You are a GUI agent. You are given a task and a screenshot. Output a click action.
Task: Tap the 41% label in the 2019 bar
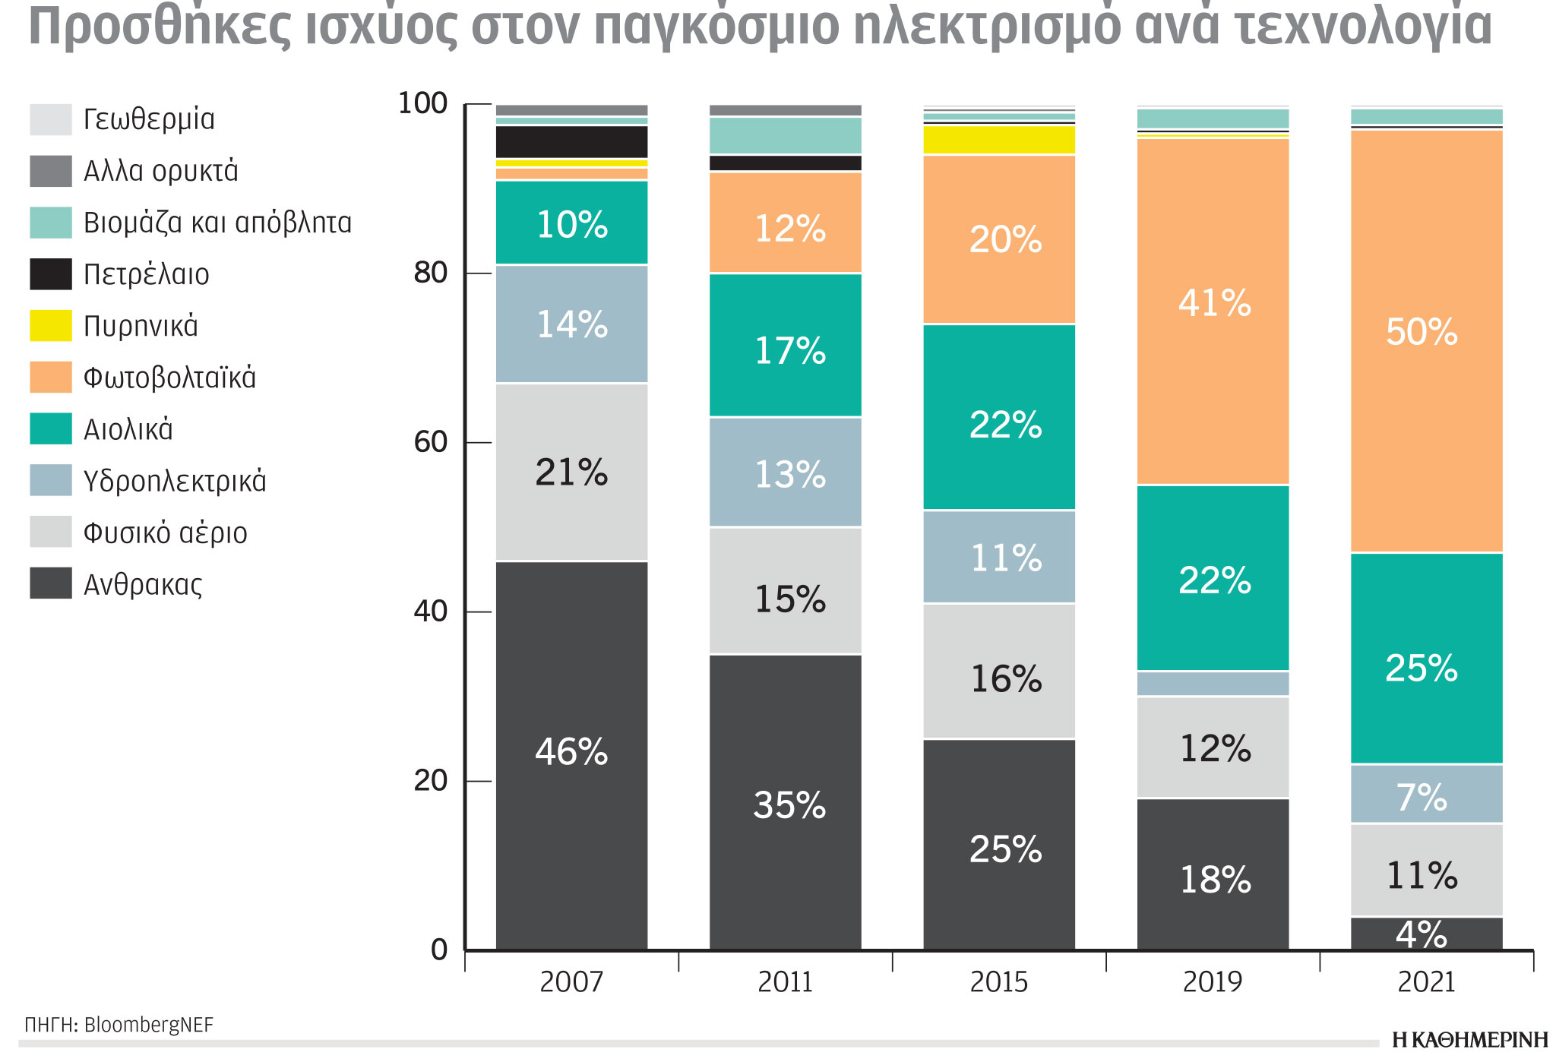pos(1214,303)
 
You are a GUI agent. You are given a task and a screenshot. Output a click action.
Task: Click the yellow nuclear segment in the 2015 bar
pos(999,140)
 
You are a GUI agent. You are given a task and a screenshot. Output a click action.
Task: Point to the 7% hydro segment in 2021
pos(1426,794)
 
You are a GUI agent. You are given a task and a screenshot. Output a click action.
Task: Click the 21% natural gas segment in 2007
pos(571,473)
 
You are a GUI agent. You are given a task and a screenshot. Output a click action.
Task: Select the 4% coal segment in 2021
pos(1426,934)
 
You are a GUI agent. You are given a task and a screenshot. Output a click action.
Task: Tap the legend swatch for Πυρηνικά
pos(51,325)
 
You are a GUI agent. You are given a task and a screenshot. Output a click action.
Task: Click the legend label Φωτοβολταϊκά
pos(169,378)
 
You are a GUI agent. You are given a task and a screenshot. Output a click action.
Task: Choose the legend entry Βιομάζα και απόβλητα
pos(217,223)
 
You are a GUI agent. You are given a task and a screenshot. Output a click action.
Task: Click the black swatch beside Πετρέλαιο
pos(51,273)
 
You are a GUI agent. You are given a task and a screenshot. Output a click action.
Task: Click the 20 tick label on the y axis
pos(431,780)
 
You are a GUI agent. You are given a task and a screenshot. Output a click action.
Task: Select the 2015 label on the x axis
pos(998,981)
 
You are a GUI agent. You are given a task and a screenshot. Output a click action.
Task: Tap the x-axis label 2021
pos(1426,981)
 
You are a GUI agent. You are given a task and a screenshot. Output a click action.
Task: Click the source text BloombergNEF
pos(149,1025)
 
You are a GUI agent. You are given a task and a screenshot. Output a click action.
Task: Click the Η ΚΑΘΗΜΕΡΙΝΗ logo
pos(1469,1040)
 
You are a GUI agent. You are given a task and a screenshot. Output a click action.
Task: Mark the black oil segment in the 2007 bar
pos(571,142)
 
